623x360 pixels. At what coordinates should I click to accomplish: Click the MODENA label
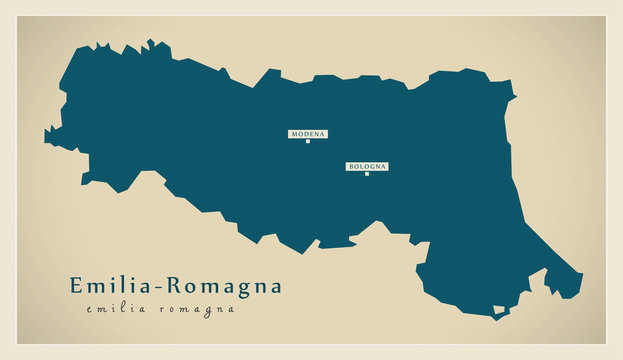pyautogui.click(x=308, y=134)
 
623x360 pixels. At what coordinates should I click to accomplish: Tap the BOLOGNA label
pyautogui.click(x=367, y=167)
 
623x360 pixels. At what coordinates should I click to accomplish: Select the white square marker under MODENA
pyautogui.click(x=308, y=142)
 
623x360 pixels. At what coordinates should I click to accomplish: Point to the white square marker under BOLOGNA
pyautogui.click(x=367, y=174)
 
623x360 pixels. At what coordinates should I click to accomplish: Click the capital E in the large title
pyautogui.click(x=76, y=286)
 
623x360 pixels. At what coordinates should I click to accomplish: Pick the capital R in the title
pyautogui.click(x=171, y=286)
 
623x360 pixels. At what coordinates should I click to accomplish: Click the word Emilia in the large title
pyautogui.click(x=111, y=286)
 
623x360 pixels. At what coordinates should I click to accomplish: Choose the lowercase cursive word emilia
pyautogui.click(x=117, y=309)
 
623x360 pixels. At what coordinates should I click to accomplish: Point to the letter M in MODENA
pyautogui.click(x=293, y=134)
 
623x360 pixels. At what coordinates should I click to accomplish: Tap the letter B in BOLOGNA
pyautogui.click(x=350, y=167)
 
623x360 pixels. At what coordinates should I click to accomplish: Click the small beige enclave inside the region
pyautogui.click(x=498, y=310)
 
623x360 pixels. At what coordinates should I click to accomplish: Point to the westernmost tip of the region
pyautogui.click(x=45, y=134)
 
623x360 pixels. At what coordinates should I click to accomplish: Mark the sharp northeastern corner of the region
pyautogui.click(x=515, y=97)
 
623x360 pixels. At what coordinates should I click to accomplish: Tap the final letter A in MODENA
pyautogui.click(x=323, y=134)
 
